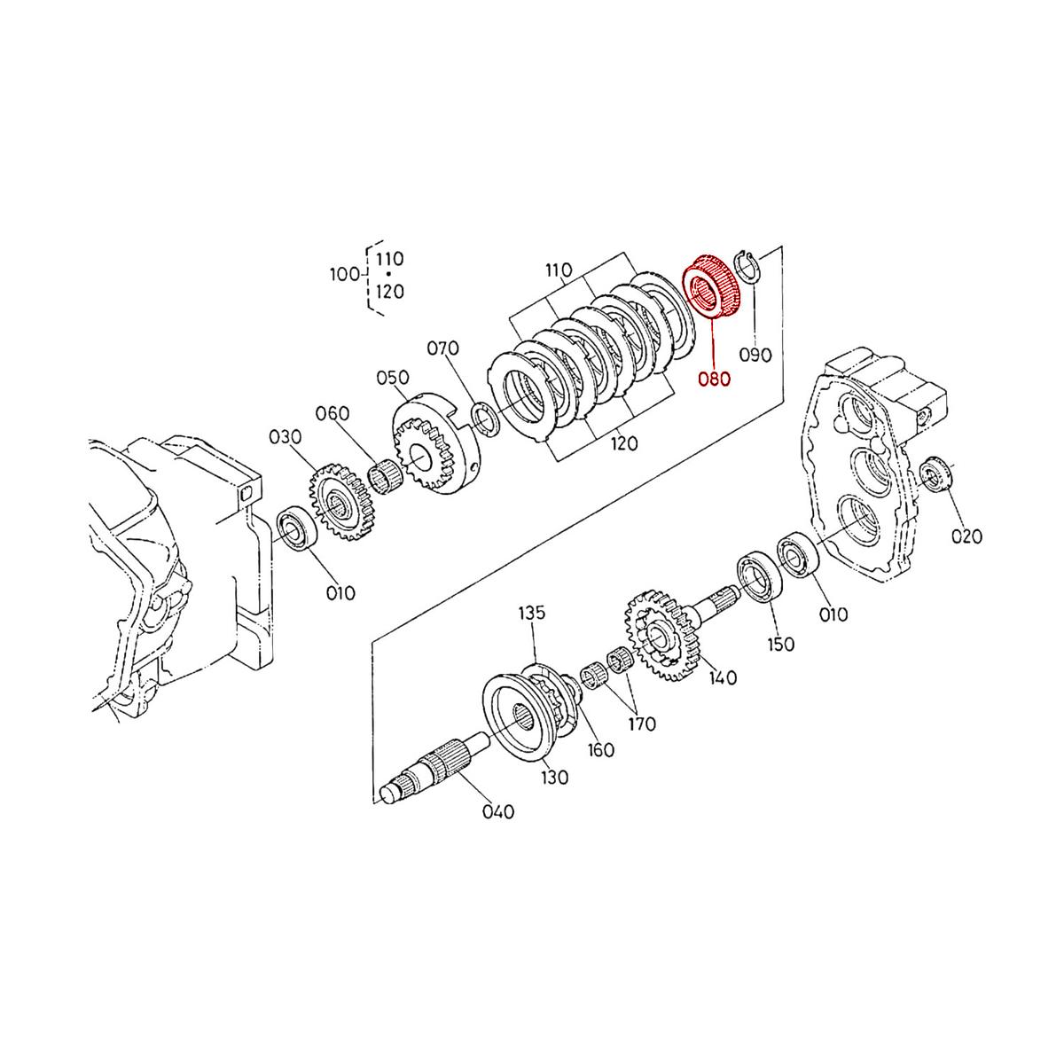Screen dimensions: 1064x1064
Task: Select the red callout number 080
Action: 714,379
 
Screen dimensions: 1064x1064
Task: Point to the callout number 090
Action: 756,355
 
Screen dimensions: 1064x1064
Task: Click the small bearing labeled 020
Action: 935,474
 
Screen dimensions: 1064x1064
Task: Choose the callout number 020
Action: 966,536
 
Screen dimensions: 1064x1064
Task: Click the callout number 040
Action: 497,811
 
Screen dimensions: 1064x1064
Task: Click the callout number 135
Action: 532,613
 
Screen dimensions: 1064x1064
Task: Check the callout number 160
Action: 600,750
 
